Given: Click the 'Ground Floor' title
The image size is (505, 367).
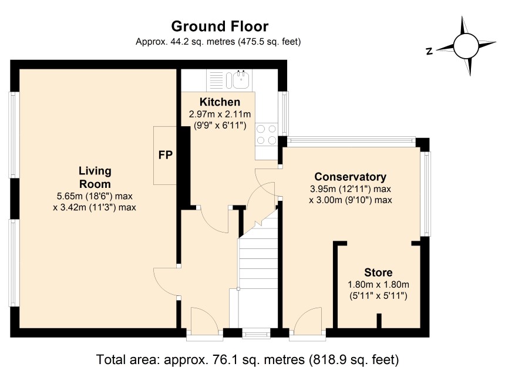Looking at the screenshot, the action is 220,26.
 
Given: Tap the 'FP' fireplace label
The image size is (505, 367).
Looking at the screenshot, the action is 166,155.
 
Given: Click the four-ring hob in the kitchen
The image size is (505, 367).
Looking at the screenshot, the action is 267,134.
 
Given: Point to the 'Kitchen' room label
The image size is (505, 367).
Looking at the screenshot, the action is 220,102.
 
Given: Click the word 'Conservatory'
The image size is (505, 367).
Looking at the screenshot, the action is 350,177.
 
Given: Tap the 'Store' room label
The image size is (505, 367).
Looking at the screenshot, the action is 378,272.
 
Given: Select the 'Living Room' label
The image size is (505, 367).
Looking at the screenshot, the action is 95,177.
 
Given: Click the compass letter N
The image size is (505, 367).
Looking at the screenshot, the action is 429,51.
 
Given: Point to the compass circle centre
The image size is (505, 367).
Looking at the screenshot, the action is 466,46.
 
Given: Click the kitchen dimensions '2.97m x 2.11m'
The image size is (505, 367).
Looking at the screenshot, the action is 220,115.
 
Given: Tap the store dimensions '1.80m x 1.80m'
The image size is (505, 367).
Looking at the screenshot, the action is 378,285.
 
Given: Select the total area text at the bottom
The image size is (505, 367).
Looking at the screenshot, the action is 248,359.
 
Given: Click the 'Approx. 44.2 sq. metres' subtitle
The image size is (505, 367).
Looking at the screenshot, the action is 218,42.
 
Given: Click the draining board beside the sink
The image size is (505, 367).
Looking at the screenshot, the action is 216,80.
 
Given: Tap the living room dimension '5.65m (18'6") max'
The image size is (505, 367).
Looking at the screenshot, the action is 95,196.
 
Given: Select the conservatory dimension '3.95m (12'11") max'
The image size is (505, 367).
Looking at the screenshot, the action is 350,189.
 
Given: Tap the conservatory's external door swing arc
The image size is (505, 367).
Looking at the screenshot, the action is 304,314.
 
